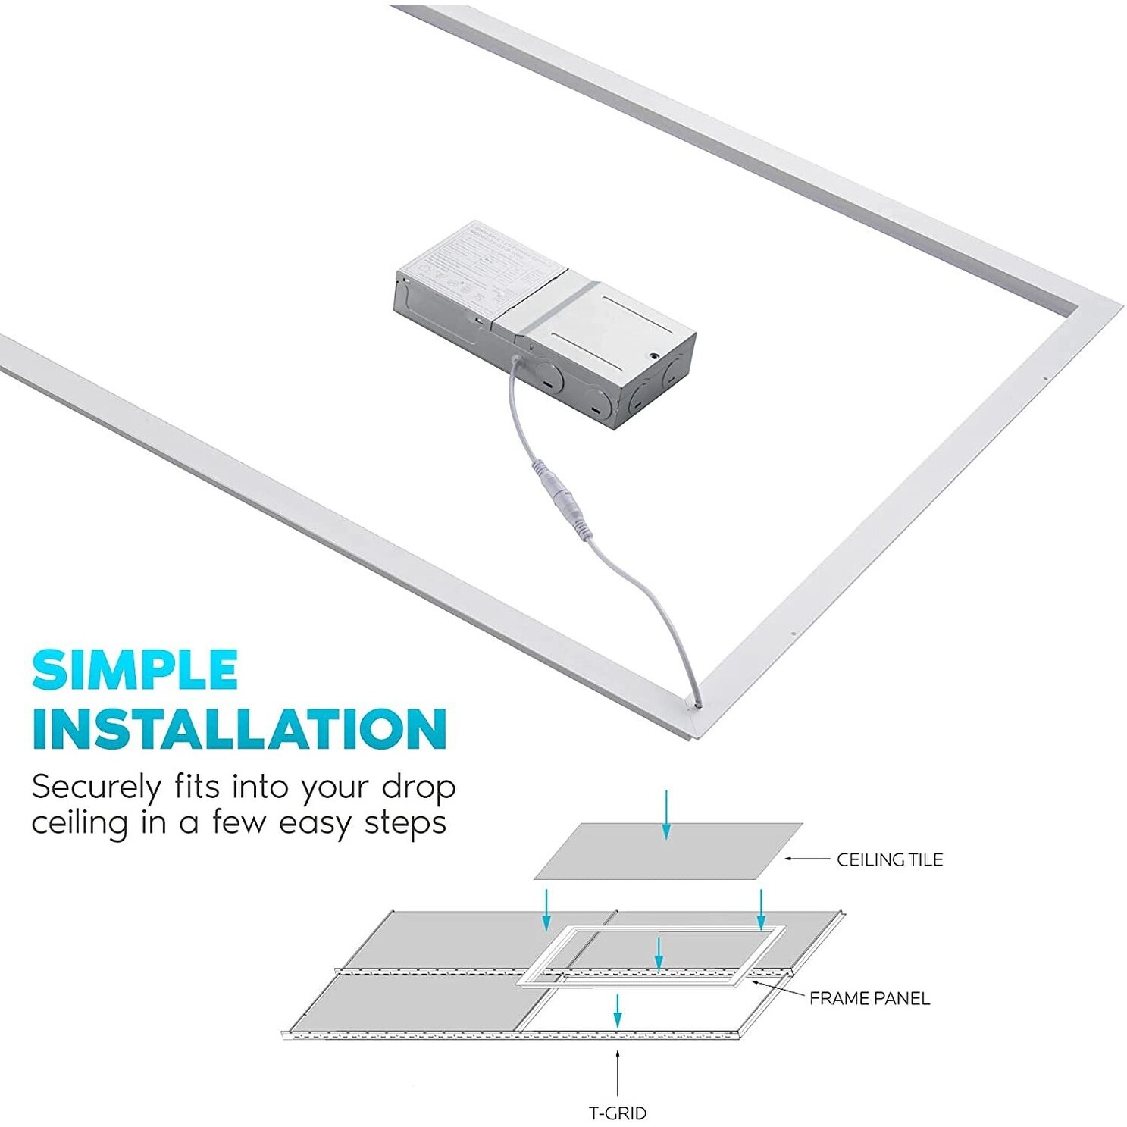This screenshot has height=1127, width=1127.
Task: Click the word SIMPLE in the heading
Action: (x=135, y=669)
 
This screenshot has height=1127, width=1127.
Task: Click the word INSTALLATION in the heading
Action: (x=239, y=728)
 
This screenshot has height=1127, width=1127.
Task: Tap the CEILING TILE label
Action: (x=889, y=859)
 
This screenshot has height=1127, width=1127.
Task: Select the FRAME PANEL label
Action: (x=869, y=998)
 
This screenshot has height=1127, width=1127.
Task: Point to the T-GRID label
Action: (x=618, y=1113)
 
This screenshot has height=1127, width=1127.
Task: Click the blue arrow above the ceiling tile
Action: (x=665, y=815)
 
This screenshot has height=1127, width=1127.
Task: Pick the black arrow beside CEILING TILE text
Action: (x=806, y=859)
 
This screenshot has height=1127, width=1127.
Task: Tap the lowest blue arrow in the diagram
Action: (x=618, y=1010)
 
